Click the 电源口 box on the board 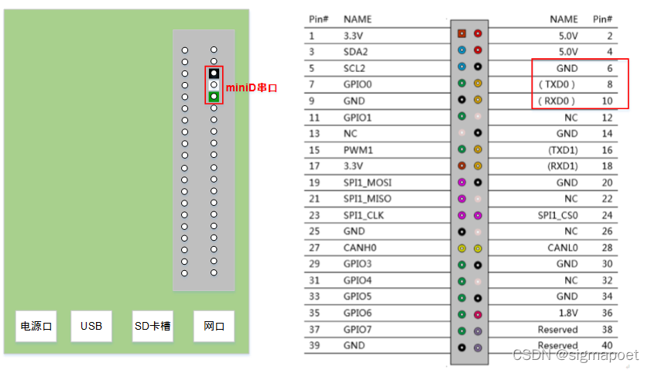(x=36, y=326)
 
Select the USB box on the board (x=91, y=326)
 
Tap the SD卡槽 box (x=152, y=326)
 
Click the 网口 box (x=214, y=326)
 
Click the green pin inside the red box (x=214, y=97)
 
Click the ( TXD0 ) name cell (x=558, y=84)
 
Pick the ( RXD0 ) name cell (x=558, y=101)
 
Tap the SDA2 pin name (x=355, y=52)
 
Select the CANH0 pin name (x=359, y=248)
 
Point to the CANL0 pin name (x=563, y=248)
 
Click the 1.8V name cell (x=567, y=313)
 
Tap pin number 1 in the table (x=311, y=36)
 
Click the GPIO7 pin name (x=357, y=329)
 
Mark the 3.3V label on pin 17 (x=354, y=166)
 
